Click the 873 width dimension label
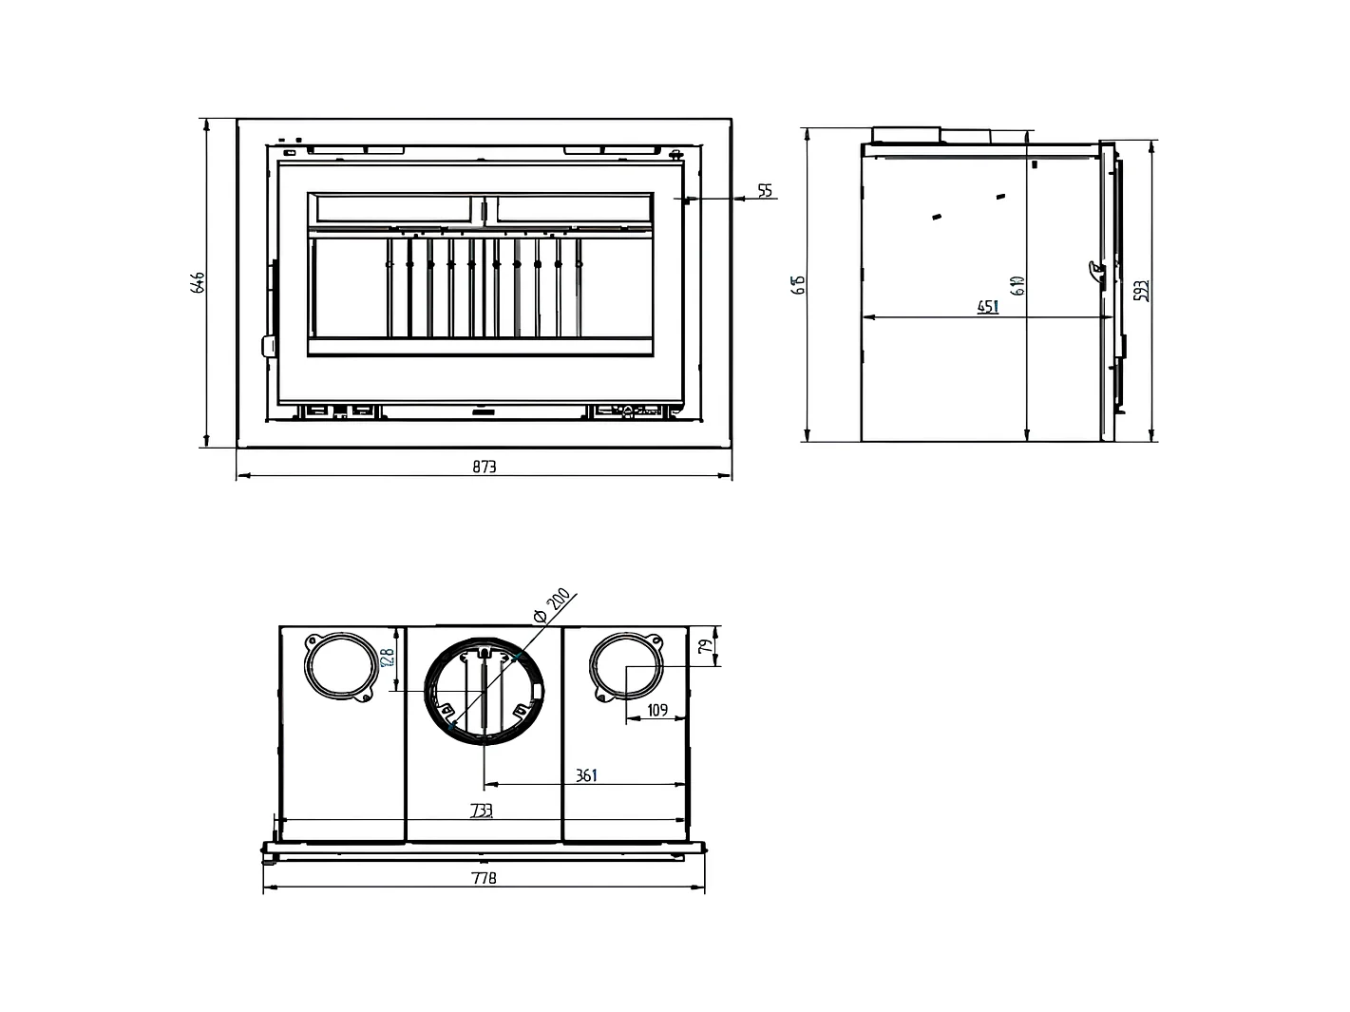coord(484,467)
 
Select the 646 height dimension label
coord(198,282)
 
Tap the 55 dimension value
coord(766,192)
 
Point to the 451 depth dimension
coord(988,307)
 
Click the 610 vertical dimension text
coord(1017,284)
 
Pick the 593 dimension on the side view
coord(1143,290)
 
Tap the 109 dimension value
coord(656,710)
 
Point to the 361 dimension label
coord(586,775)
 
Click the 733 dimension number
coord(482,811)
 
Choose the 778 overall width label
coord(484,878)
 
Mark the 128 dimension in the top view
coord(386,659)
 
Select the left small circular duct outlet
coord(339,664)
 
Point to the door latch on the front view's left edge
coord(268,345)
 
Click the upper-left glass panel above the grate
coord(392,209)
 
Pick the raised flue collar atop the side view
coord(906,134)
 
